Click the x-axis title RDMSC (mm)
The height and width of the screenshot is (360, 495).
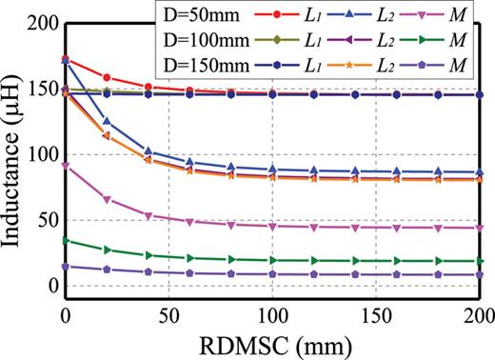pyautogui.click(x=272, y=343)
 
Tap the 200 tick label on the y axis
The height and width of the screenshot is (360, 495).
pyautogui.click(x=38, y=23)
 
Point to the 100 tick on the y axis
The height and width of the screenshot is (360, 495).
pyautogui.click(x=38, y=155)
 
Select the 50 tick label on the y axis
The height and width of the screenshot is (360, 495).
pyautogui.click(x=44, y=221)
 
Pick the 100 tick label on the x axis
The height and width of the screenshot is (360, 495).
pyautogui.click(x=272, y=315)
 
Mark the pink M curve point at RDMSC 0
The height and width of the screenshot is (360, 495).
pyautogui.click(x=65, y=166)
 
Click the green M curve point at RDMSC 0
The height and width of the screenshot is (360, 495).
pyautogui.click(x=65, y=240)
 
